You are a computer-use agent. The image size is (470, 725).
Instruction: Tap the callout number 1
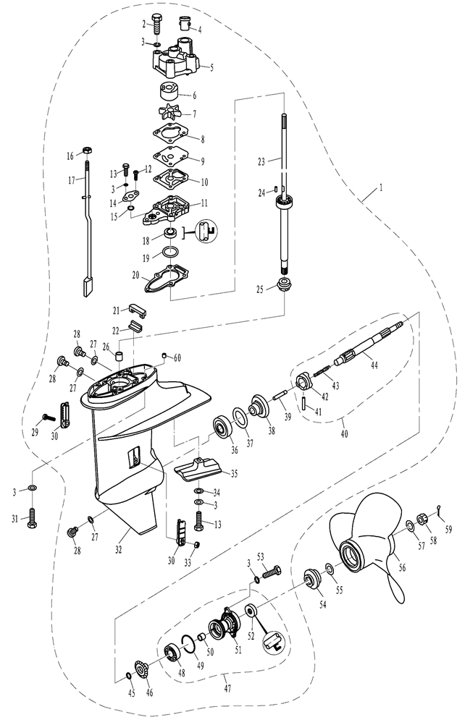[381, 187]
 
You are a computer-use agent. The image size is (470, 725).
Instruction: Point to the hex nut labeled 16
[86, 150]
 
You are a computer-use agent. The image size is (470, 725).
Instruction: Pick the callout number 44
[374, 365]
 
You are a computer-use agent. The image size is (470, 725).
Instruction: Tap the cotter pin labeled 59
[441, 509]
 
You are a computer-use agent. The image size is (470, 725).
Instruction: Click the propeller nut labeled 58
[422, 520]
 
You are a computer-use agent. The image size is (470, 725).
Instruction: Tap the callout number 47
[227, 689]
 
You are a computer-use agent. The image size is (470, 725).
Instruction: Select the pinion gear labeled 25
[283, 285]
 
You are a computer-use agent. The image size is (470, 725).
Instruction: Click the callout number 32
[119, 550]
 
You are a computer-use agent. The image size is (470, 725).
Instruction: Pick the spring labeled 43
[322, 371]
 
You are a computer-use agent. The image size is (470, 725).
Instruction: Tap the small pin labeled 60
[164, 355]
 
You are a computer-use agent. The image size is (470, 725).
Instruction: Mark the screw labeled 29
[49, 417]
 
